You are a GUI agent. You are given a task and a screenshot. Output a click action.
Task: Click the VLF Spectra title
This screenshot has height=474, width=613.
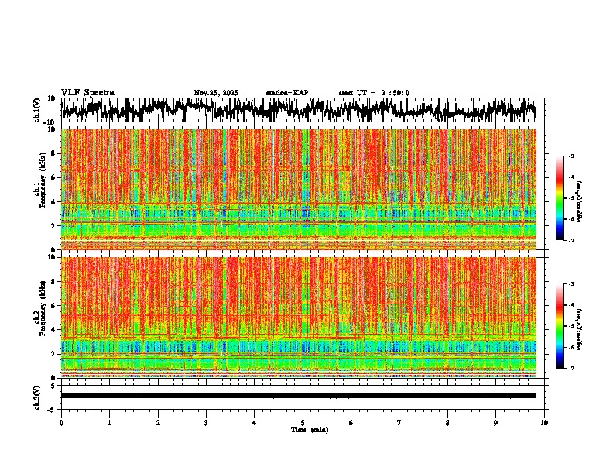click(x=87, y=92)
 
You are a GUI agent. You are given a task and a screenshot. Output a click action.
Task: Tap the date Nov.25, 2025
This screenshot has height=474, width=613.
click(x=216, y=93)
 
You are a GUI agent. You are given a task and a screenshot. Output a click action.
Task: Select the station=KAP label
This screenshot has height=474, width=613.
click(x=287, y=93)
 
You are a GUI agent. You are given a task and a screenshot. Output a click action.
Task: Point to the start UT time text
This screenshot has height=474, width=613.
click(x=374, y=93)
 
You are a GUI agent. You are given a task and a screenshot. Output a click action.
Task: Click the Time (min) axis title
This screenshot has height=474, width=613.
click(x=309, y=430)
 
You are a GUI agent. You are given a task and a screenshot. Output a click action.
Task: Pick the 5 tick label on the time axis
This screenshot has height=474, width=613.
click(x=303, y=423)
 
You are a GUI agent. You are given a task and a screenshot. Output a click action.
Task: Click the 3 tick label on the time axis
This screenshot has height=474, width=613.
click(x=206, y=423)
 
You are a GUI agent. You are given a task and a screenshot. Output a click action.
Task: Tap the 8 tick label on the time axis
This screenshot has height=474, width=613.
click(x=448, y=423)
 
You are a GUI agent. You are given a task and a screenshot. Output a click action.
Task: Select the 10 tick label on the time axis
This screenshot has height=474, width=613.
click(x=545, y=423)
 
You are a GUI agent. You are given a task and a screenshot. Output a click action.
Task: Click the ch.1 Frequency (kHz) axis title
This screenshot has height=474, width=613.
click(x=39, y=188)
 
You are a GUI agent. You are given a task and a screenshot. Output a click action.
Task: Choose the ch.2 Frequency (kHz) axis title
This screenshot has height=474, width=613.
click(x=39, y=316)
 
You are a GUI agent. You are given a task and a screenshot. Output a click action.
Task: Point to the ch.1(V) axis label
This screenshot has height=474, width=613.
click(x=36, y=111)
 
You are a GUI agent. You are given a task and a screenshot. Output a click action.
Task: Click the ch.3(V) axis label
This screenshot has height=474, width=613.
click(x=36, y=396)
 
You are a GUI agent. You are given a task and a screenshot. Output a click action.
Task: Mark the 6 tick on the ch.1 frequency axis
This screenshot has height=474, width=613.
click(x=53, y=177)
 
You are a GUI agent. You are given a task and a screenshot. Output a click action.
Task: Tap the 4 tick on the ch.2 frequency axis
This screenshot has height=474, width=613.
click(x=53, y=329)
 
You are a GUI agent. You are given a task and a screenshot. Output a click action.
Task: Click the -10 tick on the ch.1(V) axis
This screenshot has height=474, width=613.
click(x=50, y=122)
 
